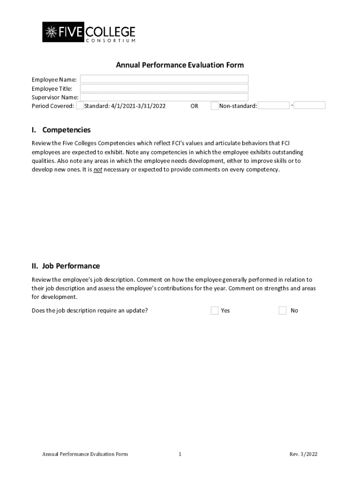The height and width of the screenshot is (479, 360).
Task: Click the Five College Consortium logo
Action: pyautogui.click(x=89, y=32)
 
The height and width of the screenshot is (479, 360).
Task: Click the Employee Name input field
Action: pyautogui.click(x=164, y=79)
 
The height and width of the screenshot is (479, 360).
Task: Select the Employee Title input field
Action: pyautogui.click(x=164, y=88)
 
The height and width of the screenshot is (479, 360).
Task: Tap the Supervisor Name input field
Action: pyautogui.click(x=164, y=97)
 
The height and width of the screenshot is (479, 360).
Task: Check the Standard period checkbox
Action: pyautogui.click(x=80, y=106)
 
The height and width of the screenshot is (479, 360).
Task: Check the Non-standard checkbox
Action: pyautogui.click(x=215, y=106)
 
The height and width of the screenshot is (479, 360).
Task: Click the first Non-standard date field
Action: pyautogui.click(x=274, y=106)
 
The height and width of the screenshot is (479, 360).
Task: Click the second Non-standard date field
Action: pyautogui.click(x=310, y=106)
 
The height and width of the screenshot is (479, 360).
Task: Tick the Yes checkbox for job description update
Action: pyautogui.click(x=215, y=311)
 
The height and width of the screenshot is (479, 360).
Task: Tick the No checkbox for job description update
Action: pyautogui.click(x=282, y=311)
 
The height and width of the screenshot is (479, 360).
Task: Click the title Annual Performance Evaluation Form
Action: pyautogui.click(x=180, y=65)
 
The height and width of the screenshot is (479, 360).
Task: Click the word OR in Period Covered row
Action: pyautogui.click(x=194, y=106)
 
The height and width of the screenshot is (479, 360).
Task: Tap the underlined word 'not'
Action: pyautogui.click(x=98, y=170)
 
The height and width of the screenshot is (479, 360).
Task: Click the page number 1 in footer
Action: pyautogui.click(x=180, y=454)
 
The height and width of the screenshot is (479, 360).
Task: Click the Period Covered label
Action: pyautogui.click(x=53, y=106)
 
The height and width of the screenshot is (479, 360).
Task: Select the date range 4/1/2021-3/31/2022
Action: pyautogui.click(x=138, y=106)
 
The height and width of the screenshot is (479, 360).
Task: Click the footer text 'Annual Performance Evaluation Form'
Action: pyautogui.click(x=85, y=454)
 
